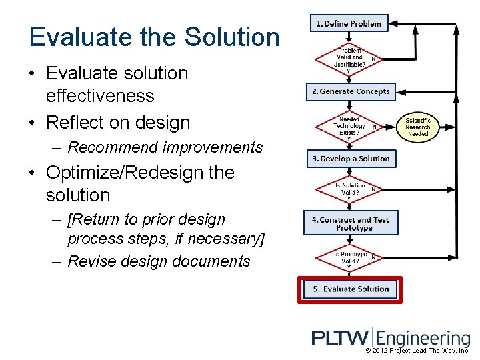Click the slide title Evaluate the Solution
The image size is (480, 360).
click(x=154, y=37)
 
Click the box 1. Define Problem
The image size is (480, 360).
click(x=349, y=24)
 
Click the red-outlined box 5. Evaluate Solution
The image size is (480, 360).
click(x=351, y=289)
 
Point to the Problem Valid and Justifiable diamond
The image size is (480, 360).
click(x=349, y=58)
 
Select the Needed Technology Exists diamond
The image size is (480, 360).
click(x=349, y=126)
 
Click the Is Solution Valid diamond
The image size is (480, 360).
click(x=349, y=190)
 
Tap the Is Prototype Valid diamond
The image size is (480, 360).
click(x=349, y=257)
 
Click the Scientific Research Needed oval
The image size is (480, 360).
click(x=418, y=127)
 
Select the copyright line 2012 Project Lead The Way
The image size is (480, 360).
click(x=418, y=351)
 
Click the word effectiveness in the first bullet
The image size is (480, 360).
click(x=100, y=96)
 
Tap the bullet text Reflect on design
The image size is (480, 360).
click(x=118, y=123)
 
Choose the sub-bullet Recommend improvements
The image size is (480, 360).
click(x=165, y=147)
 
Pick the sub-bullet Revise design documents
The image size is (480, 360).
click(x=159, y=261)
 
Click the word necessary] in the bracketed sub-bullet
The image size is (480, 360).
click(x=227, y=239)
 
